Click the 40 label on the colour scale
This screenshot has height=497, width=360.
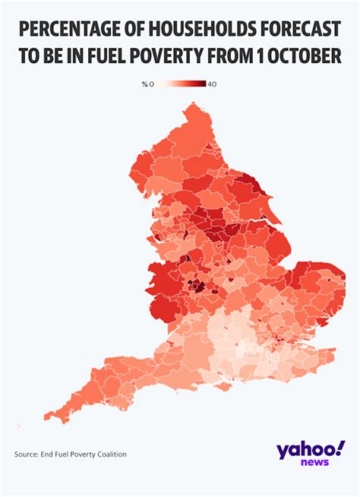tap(212, 84)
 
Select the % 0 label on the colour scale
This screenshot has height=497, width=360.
tap(147, 84)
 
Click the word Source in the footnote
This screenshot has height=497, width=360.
tap(27, 454)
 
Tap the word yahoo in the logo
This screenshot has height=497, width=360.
tap(304, 450)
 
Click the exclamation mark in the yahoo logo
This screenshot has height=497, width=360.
tap(339, 447)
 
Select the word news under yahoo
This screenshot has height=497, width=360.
tap(314, 463)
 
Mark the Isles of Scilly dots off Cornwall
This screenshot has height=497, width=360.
tap(18, 423)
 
